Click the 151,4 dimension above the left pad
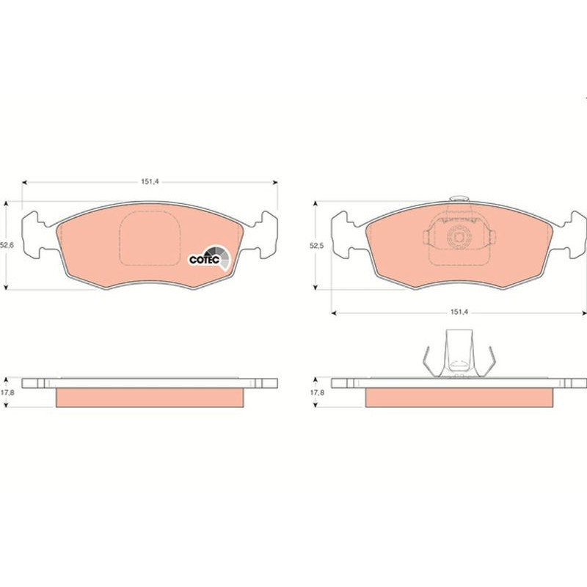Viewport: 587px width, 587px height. point(150,181)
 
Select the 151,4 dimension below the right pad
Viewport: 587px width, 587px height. point(459,312)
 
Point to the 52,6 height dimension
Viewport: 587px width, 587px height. point(5,245)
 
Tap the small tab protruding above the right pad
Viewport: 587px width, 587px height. point(459,198)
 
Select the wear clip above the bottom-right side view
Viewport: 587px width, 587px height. point(459,354)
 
